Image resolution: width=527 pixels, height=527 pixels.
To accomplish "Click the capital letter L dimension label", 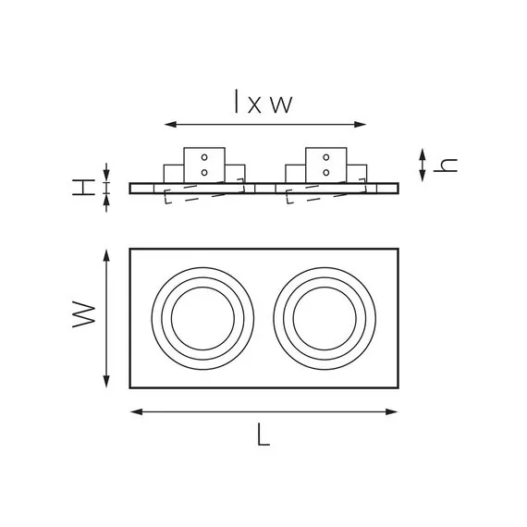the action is point(263,435).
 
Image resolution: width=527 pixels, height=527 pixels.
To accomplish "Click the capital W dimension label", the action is point(84,314).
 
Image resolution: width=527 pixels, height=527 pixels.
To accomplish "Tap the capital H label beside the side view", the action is point(84,187).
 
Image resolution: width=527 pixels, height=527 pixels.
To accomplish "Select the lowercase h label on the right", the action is point(446,165).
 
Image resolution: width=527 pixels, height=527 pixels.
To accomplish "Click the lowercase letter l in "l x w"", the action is point(237,101).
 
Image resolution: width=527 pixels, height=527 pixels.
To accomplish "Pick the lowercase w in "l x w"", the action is point(282,104).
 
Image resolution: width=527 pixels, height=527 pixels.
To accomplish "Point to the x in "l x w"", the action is point(254,104).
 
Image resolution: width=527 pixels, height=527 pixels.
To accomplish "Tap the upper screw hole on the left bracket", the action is point(204,157).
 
